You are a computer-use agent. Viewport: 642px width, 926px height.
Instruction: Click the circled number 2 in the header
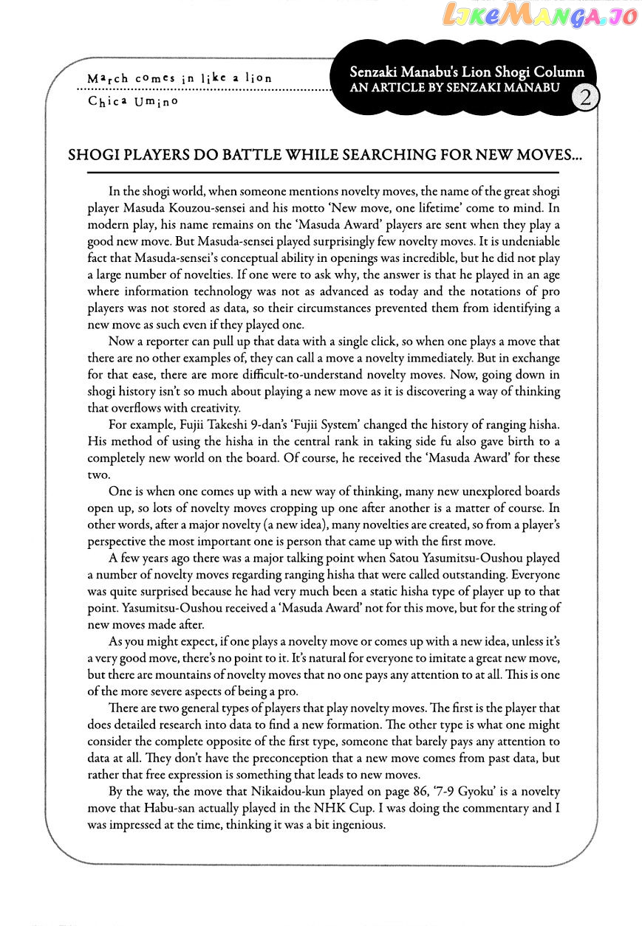tap(584, 99)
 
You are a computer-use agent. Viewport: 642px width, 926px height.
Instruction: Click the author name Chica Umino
tap(133, 102)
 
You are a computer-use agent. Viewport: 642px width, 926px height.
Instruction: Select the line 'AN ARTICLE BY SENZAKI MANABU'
tap(455, 88)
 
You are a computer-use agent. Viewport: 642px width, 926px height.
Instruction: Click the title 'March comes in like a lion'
tap(180, 77)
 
